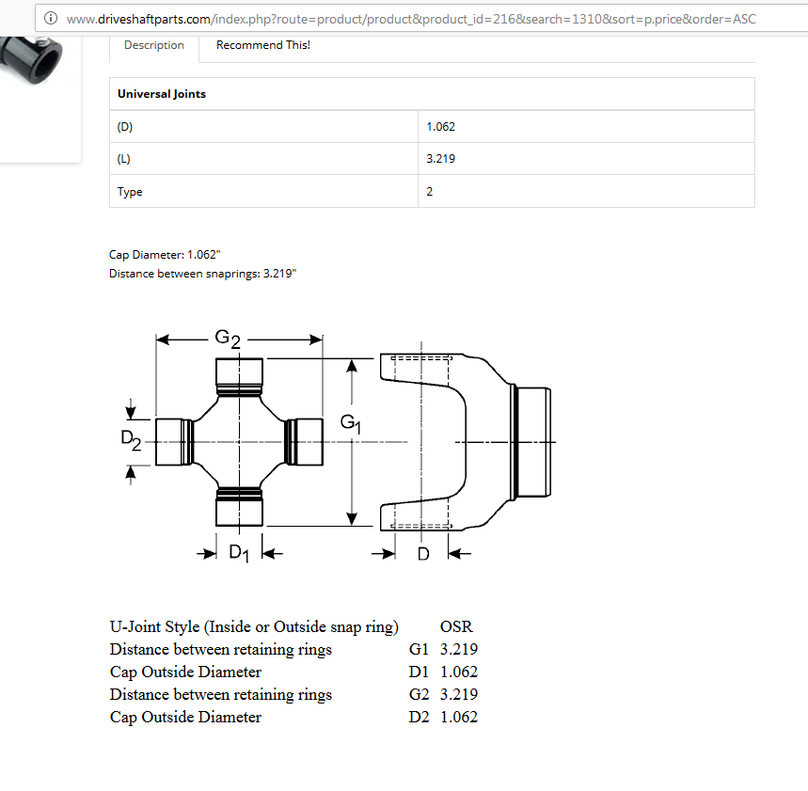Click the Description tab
tap(154, 45)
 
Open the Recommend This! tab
tap(262, 45)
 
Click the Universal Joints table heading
tap(162, 94)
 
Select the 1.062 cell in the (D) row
tap(440, 126)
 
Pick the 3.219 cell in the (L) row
tap(440, 159)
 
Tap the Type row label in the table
tap(130, 192)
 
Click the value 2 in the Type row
tap(430, 192)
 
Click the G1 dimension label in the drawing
tap(350, 424)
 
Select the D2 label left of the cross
tap(131, 439)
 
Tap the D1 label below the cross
tap(239, 553)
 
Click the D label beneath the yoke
tap(423, 554)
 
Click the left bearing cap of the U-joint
tap(171, 441)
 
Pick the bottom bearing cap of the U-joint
tap(240, 510)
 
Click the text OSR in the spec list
tap(456, 626)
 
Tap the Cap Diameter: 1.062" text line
tap(165, 254)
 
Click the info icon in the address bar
tap(52, 19)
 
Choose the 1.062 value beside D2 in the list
tap(459, 717)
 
